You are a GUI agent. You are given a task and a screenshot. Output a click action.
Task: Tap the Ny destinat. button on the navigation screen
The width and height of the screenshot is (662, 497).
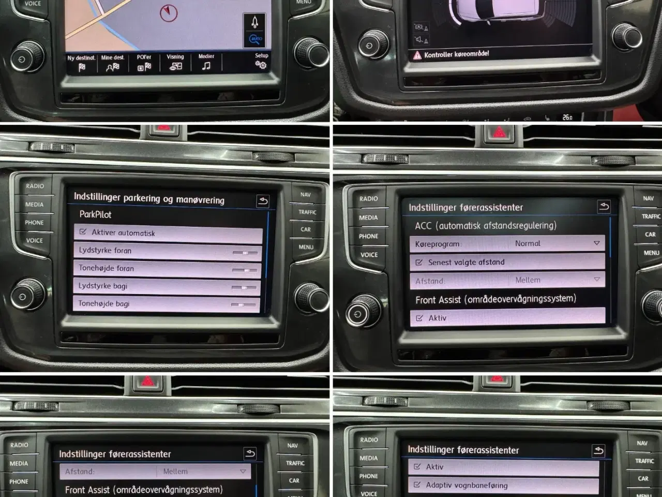pyautogui.click(x=81, y=63)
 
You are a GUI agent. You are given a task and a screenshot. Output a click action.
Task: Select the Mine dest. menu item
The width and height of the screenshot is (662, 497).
pyautogui.click(x=112, y=63)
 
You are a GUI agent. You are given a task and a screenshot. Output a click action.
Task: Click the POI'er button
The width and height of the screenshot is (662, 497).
pyautogui.click(x=144, y=63)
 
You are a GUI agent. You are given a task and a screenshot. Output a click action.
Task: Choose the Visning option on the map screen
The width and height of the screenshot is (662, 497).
pyautogui.click(x=175, y=63)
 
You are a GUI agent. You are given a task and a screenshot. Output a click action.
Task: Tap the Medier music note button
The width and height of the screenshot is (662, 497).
pyautogui.click(x=206, y=63)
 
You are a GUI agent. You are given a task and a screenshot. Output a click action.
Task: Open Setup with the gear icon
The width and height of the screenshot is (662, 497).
pyautogui.click(x=261, y=62)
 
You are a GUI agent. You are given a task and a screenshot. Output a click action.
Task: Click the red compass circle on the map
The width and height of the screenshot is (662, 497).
pyautogui.click(x=169, y=12)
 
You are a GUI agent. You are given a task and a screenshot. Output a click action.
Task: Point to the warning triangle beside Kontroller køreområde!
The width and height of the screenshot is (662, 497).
pyautogui.click(x=417, y=55)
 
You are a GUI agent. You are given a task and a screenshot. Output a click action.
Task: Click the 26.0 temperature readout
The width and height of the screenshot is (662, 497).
pyautogui.click(x=567, y=118)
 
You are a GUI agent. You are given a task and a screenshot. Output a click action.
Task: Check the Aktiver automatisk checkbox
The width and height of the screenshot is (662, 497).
pyautogui.click(x=83, y=232)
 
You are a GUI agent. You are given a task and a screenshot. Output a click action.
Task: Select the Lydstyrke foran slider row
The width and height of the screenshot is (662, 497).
pyautogui.click(x=167, y=251)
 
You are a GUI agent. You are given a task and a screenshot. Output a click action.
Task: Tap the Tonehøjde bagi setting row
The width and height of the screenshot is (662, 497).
pyautogui.click(x=167, y=304)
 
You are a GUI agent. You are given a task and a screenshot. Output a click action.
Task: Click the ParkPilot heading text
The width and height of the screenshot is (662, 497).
pyautogui.click(x=95, y=214)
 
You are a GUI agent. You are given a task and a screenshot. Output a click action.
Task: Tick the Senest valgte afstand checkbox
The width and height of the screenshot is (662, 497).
pyautogui.click(x=419, y=262)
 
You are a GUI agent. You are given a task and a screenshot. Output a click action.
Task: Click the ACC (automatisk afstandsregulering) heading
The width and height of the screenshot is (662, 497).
pyautogui.click(x=486, y=226)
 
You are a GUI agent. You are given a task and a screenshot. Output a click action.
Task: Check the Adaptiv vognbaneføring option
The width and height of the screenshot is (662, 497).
pyautogui.click(x=417, y=485)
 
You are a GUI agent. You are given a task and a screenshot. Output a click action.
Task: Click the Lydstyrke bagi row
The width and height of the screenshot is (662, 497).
pyautogui.click(x=167, y=286)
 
